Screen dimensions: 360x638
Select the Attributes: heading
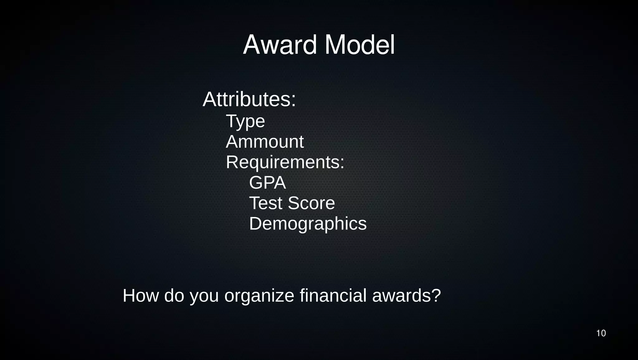point(249,99)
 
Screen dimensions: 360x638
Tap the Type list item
point(245,121)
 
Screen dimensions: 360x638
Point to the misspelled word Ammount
point(264,142)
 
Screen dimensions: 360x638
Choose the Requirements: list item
point(285,162)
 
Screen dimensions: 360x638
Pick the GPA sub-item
point(267,182)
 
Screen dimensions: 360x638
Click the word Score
point(311,203)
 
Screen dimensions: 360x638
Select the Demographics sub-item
point(308,224)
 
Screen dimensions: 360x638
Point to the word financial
point(333,296)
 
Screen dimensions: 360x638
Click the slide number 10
point(601,333)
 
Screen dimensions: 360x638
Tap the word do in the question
point(174,296)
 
